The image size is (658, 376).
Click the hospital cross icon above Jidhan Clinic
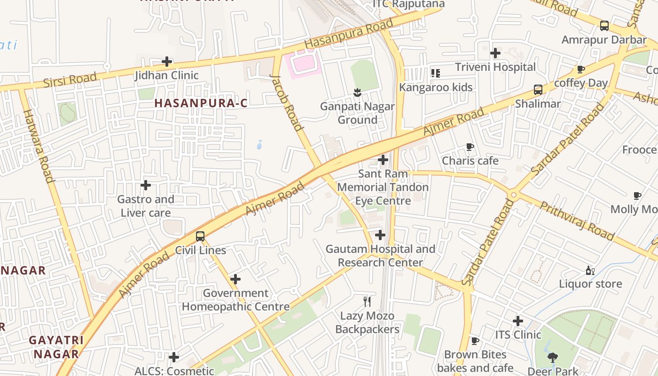[x=167, y=62]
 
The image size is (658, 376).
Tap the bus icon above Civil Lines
[x=200, y=236]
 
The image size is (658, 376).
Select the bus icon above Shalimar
[x=538, y=90]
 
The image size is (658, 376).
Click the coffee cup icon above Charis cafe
[x=470, y=147]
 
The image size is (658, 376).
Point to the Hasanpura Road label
[x=348, y=34]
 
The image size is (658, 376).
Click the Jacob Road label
[x=286, y=102]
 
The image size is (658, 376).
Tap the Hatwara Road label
[x=38, y=146]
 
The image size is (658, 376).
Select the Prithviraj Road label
[x=576, y=220]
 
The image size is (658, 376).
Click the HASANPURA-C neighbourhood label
[x=201, y=103]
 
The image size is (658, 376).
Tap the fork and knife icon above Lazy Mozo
[x=367, y=301]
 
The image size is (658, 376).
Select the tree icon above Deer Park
[x=553, y=358]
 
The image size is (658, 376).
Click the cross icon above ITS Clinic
[x=518, y=321]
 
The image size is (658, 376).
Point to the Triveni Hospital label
[x=495, y=67]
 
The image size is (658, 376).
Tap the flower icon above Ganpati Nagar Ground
[x=357, y=92]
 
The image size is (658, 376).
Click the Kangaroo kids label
[x=436, y=87]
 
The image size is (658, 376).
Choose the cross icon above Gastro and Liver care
[x=146, y=185]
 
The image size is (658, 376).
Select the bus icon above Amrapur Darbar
[x=604, y=26]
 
